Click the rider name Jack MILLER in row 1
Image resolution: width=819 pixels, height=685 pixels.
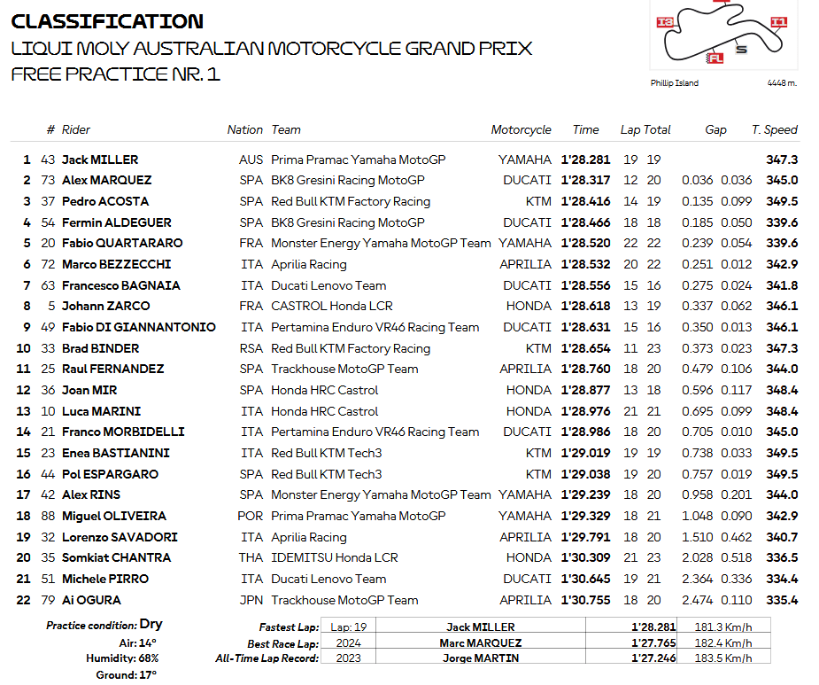click(x=100, y=160)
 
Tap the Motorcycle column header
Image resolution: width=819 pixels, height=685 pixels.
click(x=521, y=129)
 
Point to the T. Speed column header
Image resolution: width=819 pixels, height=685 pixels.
click(x=774, y=129)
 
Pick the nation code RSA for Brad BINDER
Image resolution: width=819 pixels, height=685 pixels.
click(x=251, y=348)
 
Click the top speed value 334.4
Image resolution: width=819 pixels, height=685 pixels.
click(x=782, y=579)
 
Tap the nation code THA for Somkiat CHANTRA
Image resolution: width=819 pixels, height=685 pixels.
click(x=251, y=557)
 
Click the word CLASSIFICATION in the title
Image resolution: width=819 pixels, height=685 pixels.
click(x=107, y=21)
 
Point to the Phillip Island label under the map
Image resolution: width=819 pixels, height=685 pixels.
click(x=674, y=83)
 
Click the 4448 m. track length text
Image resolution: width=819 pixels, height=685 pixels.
click(x=782, y=83)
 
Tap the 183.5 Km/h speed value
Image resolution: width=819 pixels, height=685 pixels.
click(x=724, y=658)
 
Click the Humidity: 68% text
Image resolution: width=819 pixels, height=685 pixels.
click(x=122, y=658)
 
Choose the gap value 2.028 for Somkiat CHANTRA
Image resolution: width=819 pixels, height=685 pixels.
click(x=697, y=557)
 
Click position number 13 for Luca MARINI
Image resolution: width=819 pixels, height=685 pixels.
click(x=24, y=411)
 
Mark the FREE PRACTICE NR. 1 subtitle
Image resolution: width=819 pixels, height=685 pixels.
click(x=115, y=74)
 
